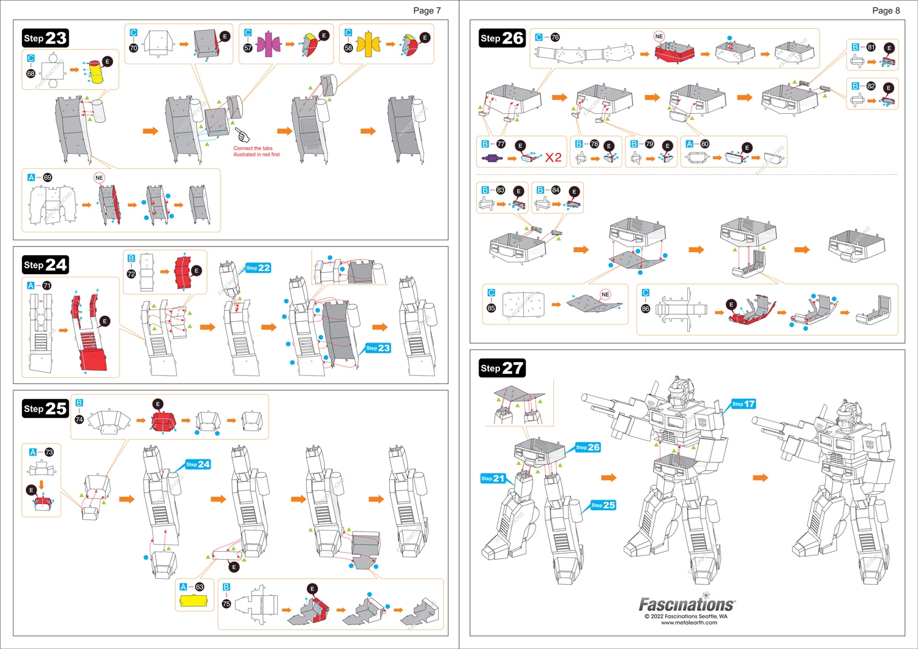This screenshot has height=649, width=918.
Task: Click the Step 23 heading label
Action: (45, 38)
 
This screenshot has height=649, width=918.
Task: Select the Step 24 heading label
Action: (45, 265)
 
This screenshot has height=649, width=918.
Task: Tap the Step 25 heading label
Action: (45, 409)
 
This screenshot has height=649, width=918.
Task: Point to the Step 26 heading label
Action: (502, 38)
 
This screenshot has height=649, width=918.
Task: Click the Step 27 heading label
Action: (502, 368)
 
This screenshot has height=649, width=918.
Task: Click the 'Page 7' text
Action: (427, 10)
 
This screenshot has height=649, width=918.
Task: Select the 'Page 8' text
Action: (886, 10)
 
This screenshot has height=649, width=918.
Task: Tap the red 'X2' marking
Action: (553, 158)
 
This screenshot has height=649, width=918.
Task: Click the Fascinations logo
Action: (687, 604)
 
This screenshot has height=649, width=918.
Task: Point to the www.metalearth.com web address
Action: (688, 623)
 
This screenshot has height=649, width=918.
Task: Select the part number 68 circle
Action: (31, 73)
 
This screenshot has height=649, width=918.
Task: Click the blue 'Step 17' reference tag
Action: (744, 404)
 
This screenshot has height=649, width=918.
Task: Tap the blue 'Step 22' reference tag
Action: (258, 268)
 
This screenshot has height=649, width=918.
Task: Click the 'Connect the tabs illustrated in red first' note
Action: (256, 151)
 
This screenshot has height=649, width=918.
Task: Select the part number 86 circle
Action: (645, 309)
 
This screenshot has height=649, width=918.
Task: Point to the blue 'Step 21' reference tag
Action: (493, 478)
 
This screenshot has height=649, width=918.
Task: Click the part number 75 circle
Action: (226, 604)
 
